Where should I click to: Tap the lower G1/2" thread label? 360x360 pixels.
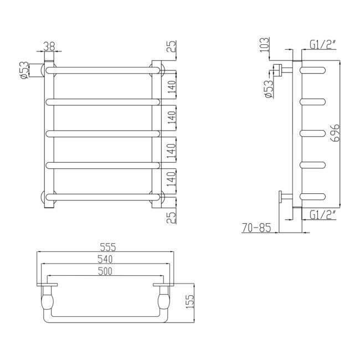[322, 214]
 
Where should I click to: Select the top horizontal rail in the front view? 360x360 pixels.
[102, 70]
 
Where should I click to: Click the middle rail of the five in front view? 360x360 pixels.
[102, 132]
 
